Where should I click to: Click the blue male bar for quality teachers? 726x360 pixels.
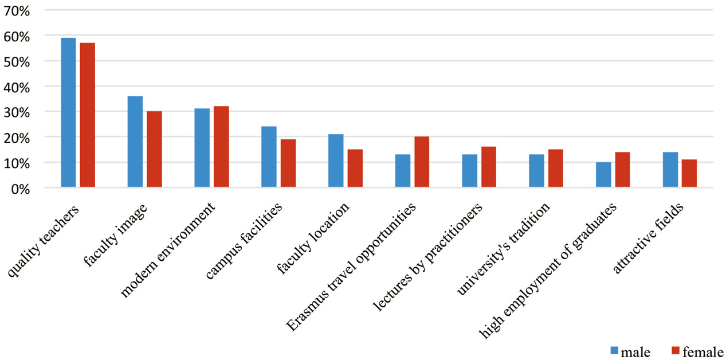68,112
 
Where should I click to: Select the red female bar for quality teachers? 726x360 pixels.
88,115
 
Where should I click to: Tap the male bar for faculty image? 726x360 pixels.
135,142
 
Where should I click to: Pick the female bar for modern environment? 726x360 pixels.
221,147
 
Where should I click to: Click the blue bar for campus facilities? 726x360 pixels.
269,156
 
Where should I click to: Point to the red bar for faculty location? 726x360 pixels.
355,168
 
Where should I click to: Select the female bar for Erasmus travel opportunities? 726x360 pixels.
422,162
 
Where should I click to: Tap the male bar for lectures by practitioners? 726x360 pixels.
470,171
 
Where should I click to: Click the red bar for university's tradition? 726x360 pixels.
556,168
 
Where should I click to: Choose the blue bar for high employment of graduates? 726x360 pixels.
603,174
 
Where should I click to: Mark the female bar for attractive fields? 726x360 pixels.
689,173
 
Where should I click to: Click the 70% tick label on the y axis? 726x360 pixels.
17,11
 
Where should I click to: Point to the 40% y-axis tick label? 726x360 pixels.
17,88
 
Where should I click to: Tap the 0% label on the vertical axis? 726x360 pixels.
20,189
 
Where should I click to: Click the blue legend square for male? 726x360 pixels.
614,351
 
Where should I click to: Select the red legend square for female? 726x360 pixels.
676,351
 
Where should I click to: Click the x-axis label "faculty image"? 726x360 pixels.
115,236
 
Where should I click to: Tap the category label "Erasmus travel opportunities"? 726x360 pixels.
351,267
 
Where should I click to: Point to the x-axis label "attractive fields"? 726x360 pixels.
648,238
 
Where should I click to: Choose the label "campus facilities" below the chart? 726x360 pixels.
244,241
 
